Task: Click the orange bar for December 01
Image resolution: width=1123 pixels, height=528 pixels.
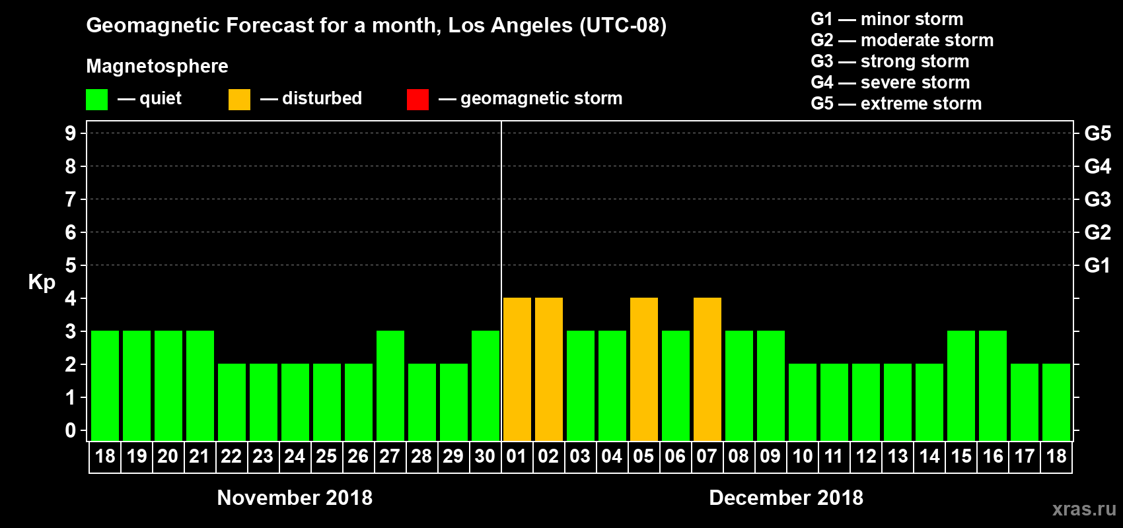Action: (x=517, y=370)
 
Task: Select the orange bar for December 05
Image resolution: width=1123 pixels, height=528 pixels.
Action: (x=644, y=370)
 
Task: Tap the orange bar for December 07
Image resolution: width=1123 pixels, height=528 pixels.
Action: (x=707, y=370)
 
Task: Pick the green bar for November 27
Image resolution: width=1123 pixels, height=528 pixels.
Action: (x=390, y=386)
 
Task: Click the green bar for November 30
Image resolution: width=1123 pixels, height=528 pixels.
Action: (x=486, y=386)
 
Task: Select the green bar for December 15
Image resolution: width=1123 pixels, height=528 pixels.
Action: (x=961, y=386)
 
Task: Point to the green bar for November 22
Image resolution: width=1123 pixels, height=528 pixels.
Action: (x=232, y=403)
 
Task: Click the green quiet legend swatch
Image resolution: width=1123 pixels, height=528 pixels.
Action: (x=96, y=100)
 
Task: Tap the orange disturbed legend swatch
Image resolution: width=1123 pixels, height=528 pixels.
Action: (x=239, y=100)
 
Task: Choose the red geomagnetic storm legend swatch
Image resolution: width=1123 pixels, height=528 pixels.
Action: (x=417, y=100)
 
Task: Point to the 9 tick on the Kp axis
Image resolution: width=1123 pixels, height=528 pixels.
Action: (x=71, y=133)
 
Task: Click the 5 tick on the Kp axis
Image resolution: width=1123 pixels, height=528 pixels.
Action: (x=71, y=265)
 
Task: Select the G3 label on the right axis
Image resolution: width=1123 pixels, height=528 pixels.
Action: (x=1097, y=199)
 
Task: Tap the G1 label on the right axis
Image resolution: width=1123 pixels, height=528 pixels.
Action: (x=1097, y=265)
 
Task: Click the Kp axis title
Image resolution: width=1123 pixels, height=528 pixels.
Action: (x=42, y=282)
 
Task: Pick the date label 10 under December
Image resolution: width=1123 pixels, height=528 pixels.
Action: (x=803, y=457)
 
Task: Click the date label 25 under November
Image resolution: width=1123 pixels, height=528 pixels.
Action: (x=326, y=457)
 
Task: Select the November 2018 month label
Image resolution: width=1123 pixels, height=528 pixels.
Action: (x=295, y=498)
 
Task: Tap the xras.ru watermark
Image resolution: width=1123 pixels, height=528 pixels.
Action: (x=1084, y=509)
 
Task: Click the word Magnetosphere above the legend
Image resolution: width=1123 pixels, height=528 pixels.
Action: (x=157, y=66)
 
